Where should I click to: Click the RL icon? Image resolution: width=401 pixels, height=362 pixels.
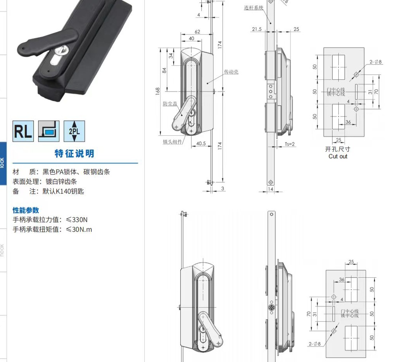(23, 131)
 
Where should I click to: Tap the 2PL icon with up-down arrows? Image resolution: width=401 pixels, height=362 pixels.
(74, 131)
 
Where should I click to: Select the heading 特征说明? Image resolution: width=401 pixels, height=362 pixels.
(74, 154)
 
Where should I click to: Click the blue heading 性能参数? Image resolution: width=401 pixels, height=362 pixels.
(26, 210)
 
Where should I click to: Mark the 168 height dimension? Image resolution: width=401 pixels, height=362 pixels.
(158, 91)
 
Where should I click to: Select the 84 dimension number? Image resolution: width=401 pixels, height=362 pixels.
(164, 70)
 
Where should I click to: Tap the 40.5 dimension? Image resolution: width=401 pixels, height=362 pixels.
(201, 143)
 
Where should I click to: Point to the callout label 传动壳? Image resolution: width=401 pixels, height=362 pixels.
(231, 72)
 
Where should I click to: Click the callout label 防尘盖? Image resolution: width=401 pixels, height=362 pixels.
(170, 104)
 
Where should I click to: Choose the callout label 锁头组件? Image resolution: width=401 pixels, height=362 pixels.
(172, 142)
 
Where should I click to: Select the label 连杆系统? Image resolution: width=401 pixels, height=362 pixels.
(253, 8)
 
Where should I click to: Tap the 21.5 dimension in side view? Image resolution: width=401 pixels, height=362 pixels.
(257, 29)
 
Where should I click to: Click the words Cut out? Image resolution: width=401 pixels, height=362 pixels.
(338, 156)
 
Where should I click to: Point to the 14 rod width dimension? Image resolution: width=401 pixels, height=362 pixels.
(270, 189)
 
